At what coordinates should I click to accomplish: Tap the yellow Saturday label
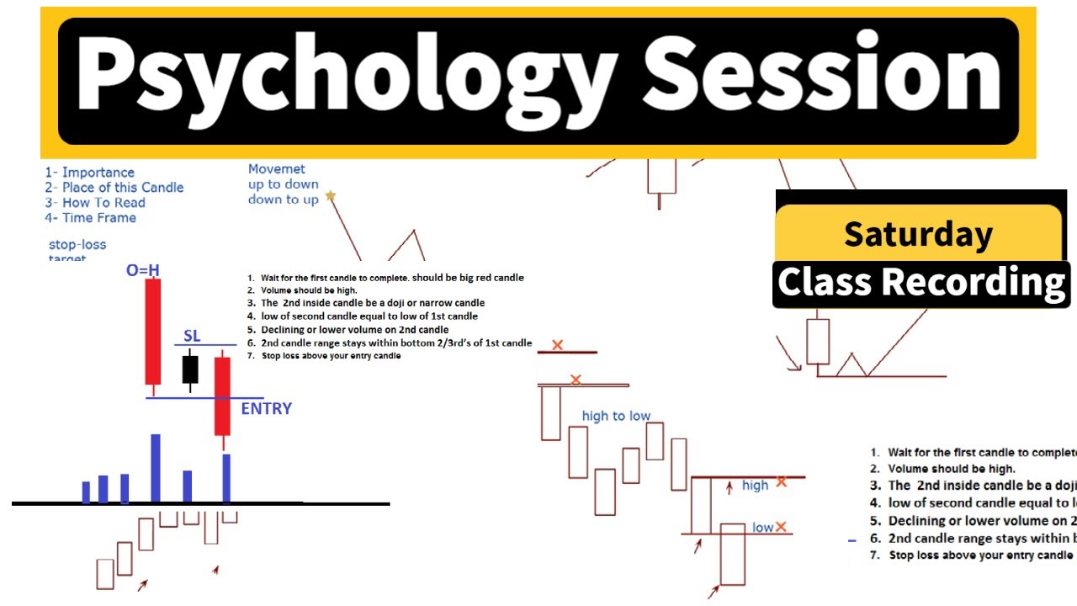pyautogui.click(x=918, y=233)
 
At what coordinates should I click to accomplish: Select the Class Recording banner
pyautogui.click(x=920, y=284)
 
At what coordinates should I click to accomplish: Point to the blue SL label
pyautogui.click(x=192, y=336)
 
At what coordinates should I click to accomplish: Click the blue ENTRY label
pyautogui.click(x=266, y=409)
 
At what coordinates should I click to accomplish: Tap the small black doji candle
pyautogui.click(x=190, y=369)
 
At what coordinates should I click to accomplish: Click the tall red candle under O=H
pyautogui.click(x=153, y=332)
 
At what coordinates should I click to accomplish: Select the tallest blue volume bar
pyautogui.click(x=156, y=468)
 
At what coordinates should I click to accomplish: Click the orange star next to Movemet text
pyautogui.click(x=331, y=196)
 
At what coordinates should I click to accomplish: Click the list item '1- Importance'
pyautogui.click(x=89, y=173)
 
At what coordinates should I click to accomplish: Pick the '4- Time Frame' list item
pyautogui.click(x=90, y=218)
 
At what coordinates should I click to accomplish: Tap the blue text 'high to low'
pyautogui.click(x=616, y=416)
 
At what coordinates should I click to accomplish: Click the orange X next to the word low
pyautogui.click(x=781, y=527)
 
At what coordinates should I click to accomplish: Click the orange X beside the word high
pyautogui.click(x=782, y=481)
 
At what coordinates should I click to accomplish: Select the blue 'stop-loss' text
pyautogui.click(x=77, y=245)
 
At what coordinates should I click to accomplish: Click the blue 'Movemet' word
pyautogui.click(x=276, y=169)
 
